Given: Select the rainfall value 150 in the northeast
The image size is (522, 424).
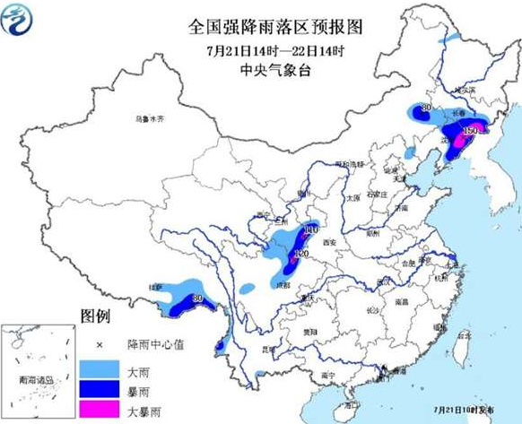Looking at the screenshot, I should [468, 131].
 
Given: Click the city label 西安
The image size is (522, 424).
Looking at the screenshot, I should [334, 242].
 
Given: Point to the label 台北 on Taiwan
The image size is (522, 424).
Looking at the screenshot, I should [463, 336].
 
